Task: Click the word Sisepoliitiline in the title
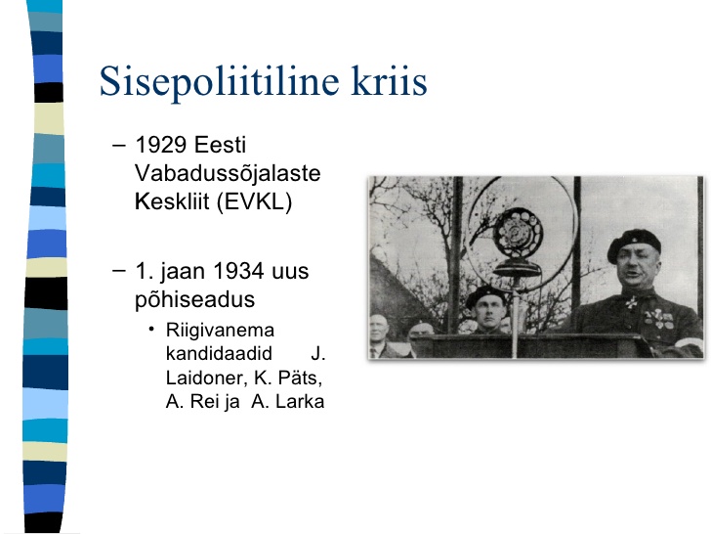tap(219, 82)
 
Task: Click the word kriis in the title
tap(389, 81)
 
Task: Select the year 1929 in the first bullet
tap(161, 145)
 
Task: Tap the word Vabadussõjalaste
tap(228, 173)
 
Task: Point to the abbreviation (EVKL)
tap(254, 201)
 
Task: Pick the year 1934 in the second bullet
tap(238, 271)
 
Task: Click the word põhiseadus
tap(195, 299)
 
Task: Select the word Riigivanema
tap(220, 331)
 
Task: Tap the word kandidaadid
tap(219, 353)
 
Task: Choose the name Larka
tap(300, 401)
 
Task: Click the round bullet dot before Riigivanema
tap(151, 329)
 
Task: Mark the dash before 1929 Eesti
tap(119, 146)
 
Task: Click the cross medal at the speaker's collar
tap(632, 301)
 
